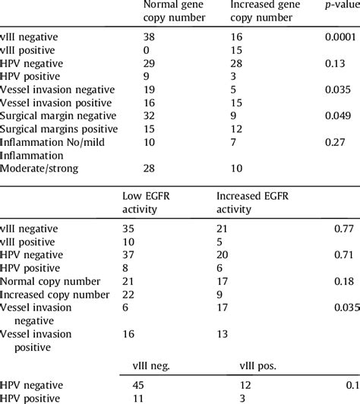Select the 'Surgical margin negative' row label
[x=59, y=115]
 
